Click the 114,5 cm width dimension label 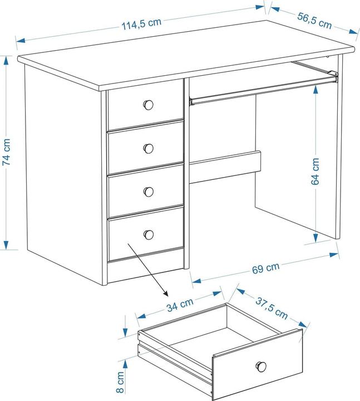[141, 23]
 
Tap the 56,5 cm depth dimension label [314, 21]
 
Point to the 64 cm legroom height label [315, 171]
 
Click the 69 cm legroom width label [265, 268]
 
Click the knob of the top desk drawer [148, 104]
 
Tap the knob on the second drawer [148, 148]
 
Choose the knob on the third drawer [148, 192]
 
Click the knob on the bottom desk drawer [148, 234]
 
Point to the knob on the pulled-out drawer [261, 366]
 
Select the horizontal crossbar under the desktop [225, 167]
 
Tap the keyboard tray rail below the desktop [262, 91]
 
